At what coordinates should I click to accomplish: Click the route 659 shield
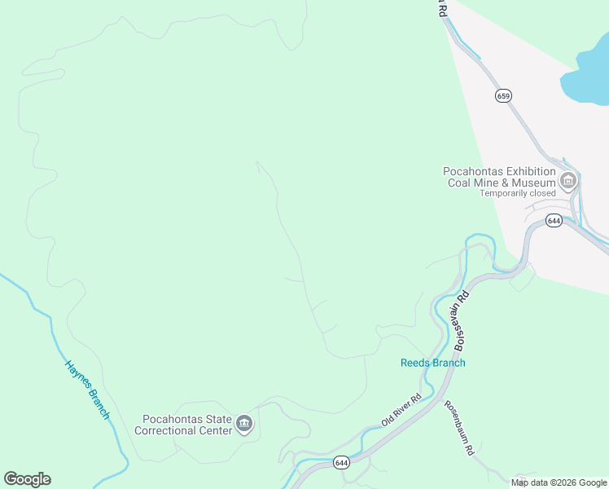503,96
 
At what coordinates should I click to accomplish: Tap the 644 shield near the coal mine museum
554,221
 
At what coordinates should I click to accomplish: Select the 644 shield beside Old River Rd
341,463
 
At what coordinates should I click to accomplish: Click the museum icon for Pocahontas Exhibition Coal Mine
568,180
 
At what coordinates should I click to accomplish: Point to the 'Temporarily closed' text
517,193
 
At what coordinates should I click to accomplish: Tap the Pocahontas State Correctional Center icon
244,424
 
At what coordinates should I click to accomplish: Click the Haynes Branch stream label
87,390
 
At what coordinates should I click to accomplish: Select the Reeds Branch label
433,363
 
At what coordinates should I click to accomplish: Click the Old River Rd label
401,411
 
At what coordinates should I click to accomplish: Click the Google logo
27,479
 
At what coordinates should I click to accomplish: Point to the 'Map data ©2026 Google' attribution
559,482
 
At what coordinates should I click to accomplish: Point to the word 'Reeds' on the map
415,363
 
